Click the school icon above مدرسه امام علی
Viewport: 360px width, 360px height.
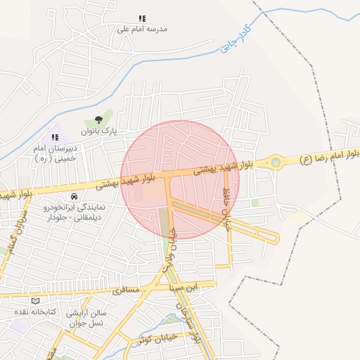[x=142, y=19]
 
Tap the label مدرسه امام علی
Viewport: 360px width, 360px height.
[x=142, y=30]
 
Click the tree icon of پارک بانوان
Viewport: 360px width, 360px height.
[x=98, y=120]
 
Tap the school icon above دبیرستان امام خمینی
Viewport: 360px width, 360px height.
[x=55, y=137]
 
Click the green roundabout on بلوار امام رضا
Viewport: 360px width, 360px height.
[x=275, y=163]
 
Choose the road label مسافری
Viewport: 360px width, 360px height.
[x=132, y=290]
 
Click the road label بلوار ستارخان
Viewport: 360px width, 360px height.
[x=189, y=320]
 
